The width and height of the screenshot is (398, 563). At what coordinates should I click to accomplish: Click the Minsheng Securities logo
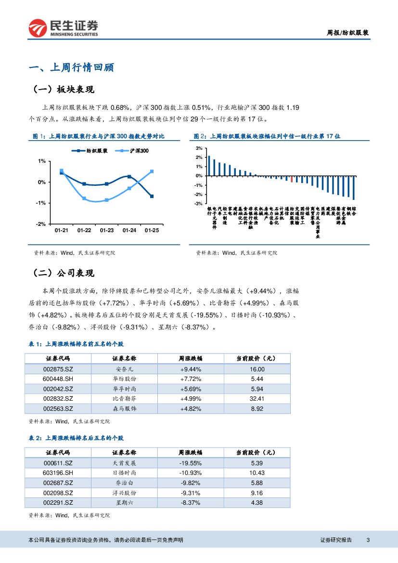63,28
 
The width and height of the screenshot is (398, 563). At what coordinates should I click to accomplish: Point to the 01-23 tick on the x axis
106,231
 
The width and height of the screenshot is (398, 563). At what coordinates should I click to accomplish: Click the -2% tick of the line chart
42,224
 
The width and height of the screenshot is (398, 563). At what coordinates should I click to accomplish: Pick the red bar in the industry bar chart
291,179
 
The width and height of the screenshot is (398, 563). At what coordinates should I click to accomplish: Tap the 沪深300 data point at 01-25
152,171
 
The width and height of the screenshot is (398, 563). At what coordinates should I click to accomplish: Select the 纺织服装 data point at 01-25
152,196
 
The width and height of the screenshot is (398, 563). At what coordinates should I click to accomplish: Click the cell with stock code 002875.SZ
58,369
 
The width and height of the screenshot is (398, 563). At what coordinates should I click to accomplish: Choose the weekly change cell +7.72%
191,379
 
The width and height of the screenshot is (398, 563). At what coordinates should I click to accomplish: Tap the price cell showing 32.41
257,399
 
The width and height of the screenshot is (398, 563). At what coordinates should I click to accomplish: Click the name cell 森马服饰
124,408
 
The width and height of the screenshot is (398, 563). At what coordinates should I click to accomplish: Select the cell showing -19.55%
191,463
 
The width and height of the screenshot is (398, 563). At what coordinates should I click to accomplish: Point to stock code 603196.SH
58,473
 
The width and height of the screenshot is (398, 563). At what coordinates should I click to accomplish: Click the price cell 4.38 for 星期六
257,503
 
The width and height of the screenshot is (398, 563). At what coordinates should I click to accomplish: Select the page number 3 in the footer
368,540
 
